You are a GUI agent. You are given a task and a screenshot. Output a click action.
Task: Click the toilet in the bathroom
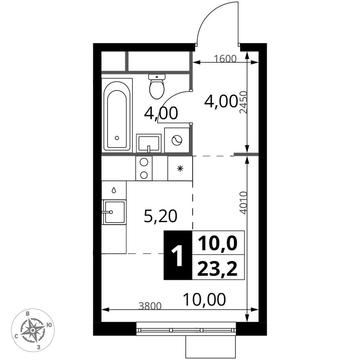157,87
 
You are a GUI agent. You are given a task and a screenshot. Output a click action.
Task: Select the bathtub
117,116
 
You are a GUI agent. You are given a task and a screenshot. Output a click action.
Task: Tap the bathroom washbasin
148,144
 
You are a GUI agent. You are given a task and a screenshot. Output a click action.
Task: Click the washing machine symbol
177,140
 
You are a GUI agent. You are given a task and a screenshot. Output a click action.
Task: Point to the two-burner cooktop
144,168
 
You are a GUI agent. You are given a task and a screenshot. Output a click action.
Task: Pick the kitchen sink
114,212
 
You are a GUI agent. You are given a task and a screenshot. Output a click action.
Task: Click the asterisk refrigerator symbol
180,168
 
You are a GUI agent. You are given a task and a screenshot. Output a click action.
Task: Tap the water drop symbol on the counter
114,190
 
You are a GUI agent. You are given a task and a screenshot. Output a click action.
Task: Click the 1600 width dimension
225,59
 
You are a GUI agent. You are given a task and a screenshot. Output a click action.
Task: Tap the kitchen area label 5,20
160,216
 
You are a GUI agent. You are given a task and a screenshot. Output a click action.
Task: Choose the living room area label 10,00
204,300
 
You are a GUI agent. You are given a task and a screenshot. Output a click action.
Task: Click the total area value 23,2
218,269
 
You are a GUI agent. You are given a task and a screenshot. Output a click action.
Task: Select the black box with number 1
178,255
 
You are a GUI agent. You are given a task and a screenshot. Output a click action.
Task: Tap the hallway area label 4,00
221,101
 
